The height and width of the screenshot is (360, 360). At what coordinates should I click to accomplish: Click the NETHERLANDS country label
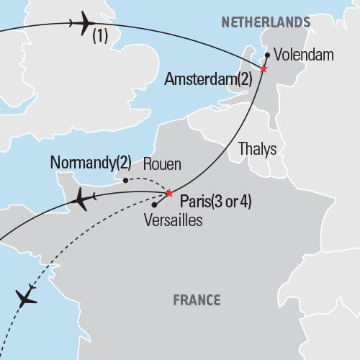pos(266,22)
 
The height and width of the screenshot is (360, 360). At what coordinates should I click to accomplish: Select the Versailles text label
pos(172,220)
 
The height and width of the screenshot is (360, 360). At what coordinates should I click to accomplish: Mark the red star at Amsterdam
pos(264,69)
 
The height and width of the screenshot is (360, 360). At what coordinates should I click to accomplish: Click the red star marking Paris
pos(169,193)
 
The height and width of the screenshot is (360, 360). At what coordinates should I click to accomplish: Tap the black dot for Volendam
pos(267,55)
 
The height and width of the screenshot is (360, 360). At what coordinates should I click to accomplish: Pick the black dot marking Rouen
pos(126,180)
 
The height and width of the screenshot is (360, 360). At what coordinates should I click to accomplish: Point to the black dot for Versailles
pos(154,205)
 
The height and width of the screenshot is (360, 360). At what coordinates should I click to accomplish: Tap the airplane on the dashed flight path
pos(26,297)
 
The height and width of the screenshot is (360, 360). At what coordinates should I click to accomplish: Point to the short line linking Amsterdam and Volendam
pos(265,63)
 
